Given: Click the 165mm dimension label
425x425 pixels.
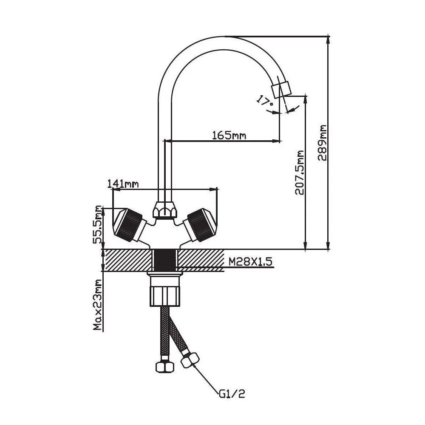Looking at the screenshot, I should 229,135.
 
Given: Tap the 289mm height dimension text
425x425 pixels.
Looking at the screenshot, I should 323,142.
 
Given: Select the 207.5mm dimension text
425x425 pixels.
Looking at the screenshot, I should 300,172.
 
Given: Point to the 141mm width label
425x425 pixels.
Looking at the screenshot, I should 123,184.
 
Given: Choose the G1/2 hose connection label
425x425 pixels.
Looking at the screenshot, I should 232,394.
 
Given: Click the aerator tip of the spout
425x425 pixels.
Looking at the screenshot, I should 282,88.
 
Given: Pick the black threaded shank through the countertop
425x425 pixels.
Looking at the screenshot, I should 165,260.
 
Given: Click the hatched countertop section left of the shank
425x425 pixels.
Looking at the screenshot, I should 127,260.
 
